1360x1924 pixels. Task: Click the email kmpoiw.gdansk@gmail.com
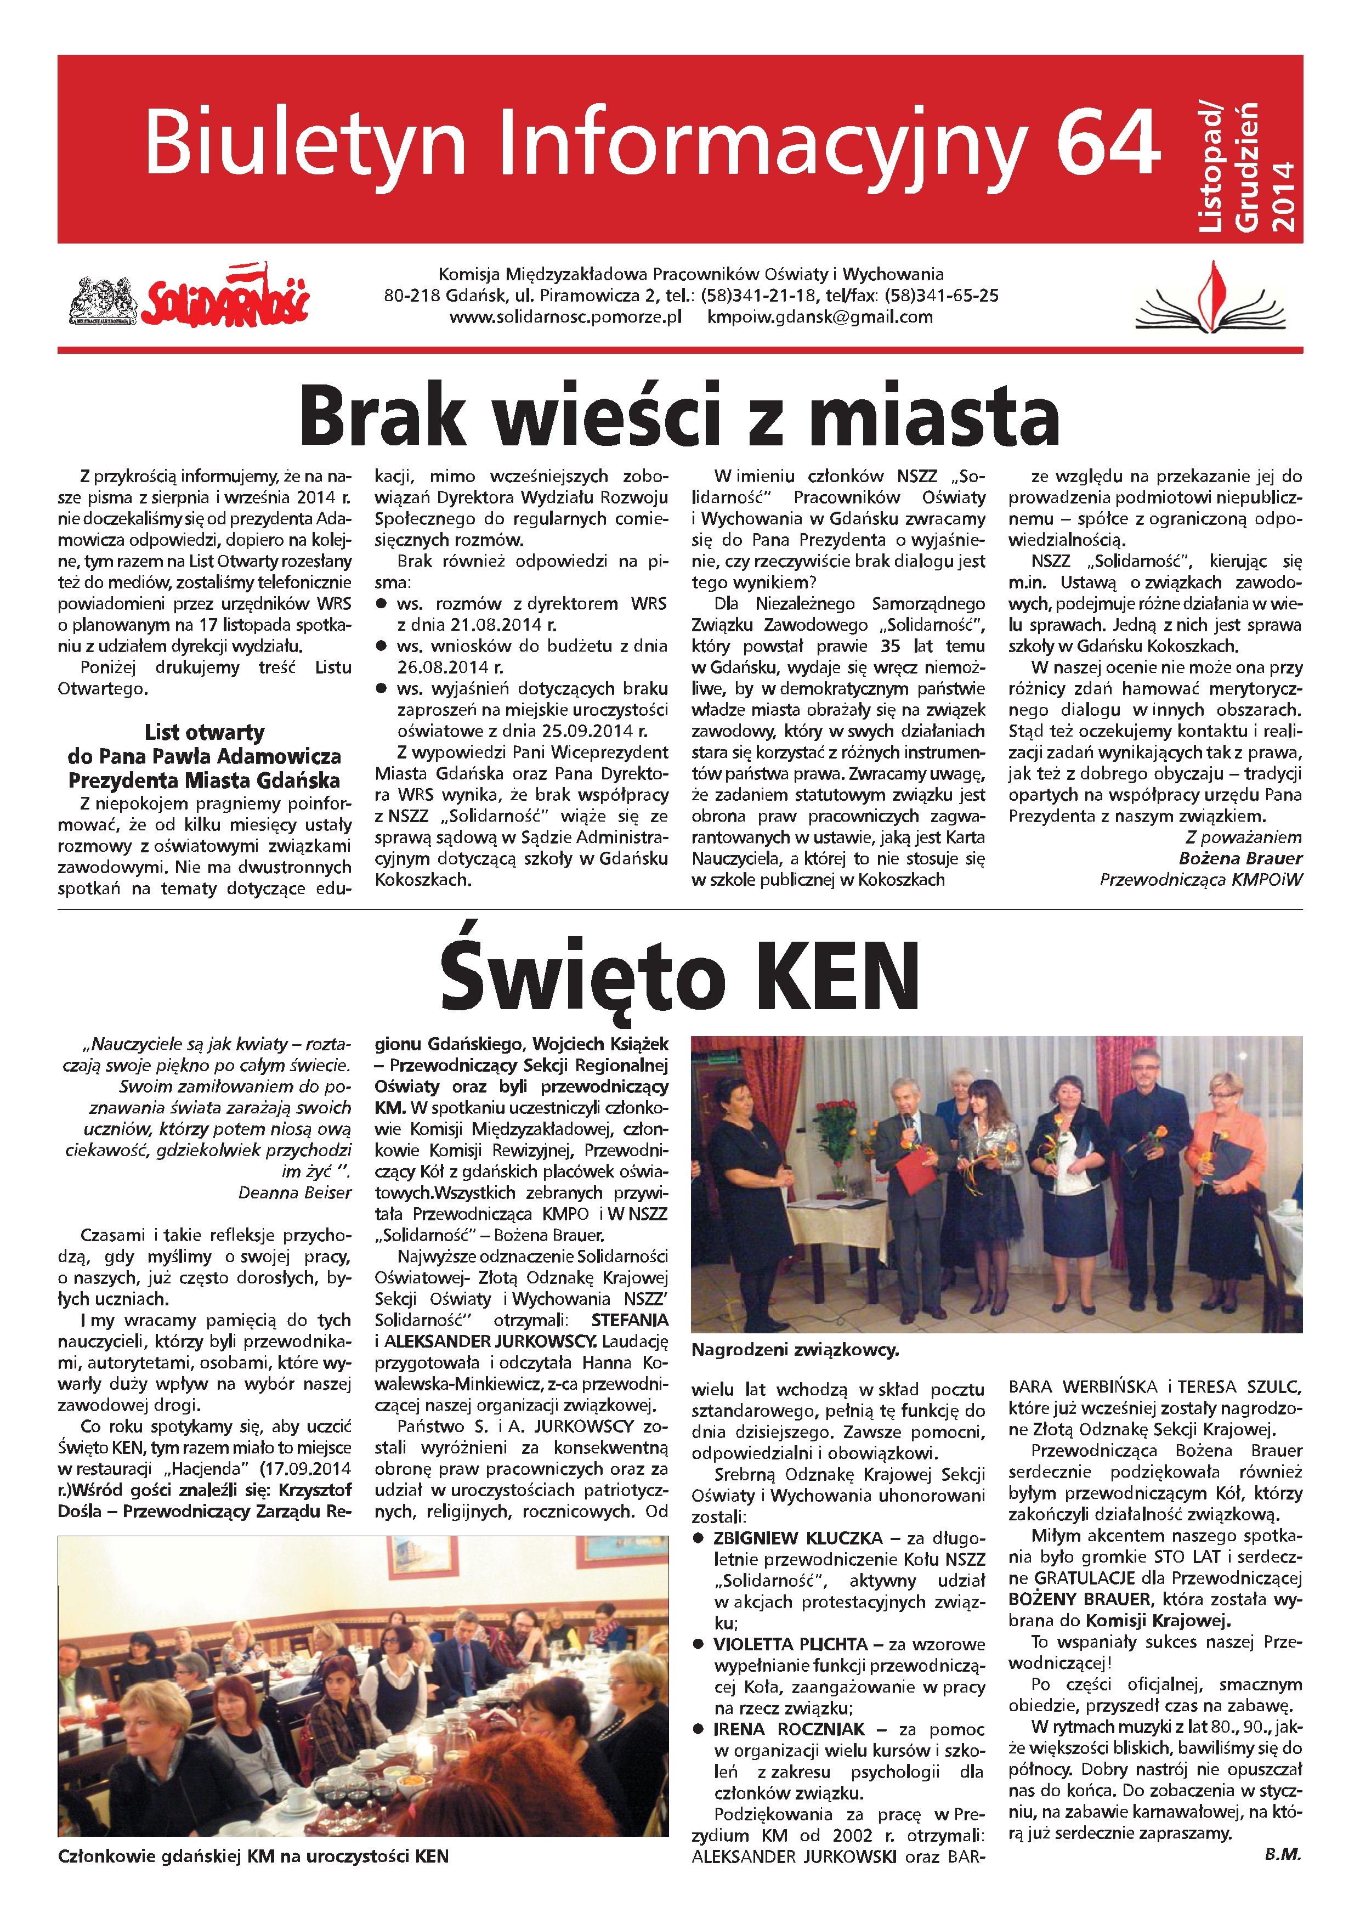(819, 318)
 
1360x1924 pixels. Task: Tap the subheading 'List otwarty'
(205, 732)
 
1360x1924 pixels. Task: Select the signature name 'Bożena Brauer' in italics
(1240, 858)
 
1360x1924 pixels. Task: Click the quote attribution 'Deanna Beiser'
(295, 1192)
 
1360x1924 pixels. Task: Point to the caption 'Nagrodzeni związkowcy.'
(795, 1350)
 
